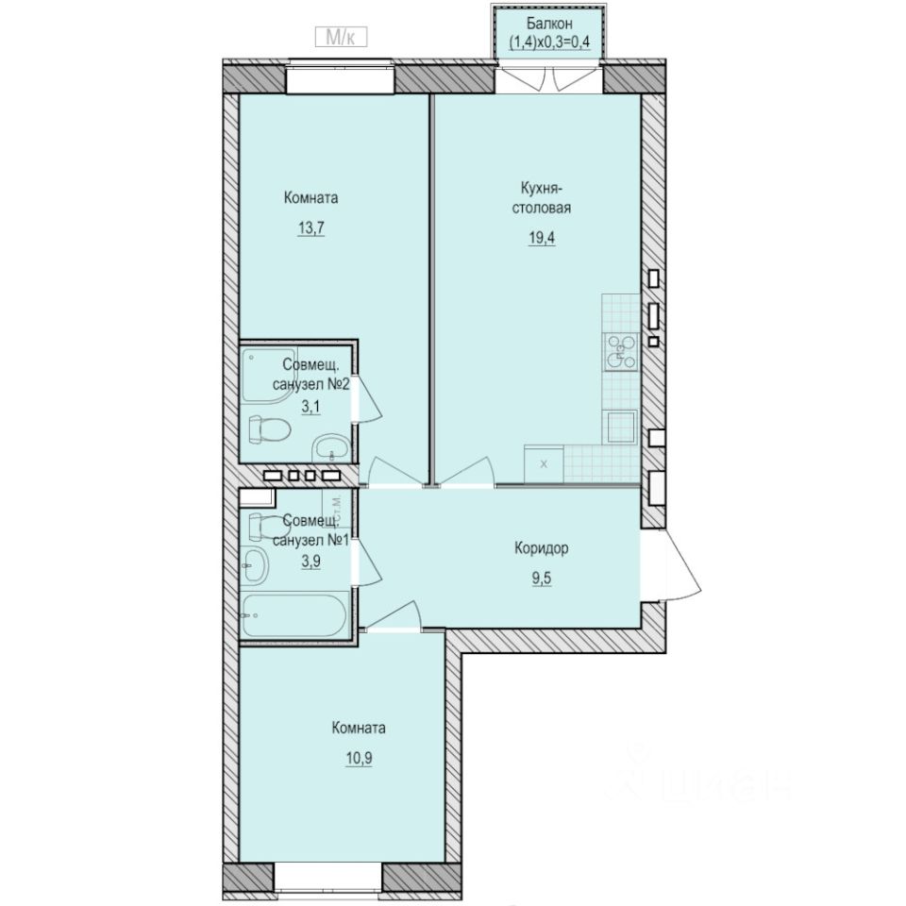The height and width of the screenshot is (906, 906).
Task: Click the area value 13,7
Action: pyautogui.click(x=310, y=228)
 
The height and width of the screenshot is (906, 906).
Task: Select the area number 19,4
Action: pyautogui.click(x=542, y=238)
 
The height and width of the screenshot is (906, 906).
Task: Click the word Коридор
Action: pyautogui.click(x=541, y=548)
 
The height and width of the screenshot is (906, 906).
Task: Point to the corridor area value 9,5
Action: pyautogui.click(x=541, y=579)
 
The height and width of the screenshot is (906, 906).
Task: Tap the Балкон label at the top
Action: pyautogui.click(x=549, y=24)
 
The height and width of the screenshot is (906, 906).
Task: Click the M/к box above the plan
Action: pyautogui.click(x=339, y=37)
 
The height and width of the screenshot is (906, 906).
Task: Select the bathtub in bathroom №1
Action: pyautogui.click(x=294, y=615)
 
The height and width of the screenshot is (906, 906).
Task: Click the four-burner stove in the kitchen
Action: pyautogui.click(x=621, y=351)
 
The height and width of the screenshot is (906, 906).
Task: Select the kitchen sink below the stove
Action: pyautogui.click(x=621, y=426)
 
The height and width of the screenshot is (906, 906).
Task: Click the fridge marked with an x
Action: pyautogui.click(x=544, y=463)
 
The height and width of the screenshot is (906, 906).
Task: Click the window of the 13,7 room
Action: pyautogui.click(x=340, y=78)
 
